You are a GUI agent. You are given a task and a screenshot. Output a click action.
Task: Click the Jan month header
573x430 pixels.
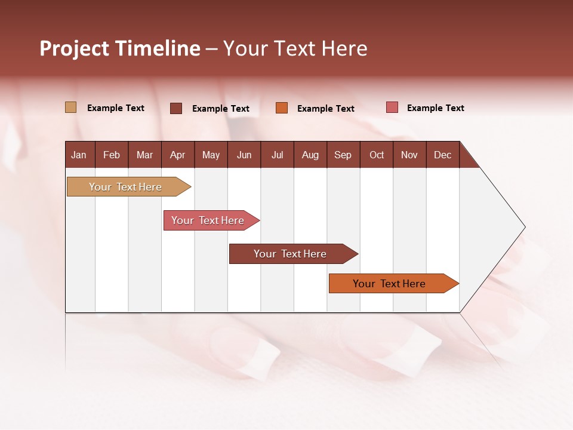click(79, 155)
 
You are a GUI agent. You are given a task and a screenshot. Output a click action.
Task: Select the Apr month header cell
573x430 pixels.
click(177, 155)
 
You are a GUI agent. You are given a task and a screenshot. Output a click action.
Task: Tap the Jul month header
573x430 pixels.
click(277, 155)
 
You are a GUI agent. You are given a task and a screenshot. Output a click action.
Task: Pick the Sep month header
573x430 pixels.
click(343, 155)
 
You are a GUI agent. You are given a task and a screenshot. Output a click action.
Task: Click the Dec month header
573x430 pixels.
click(442, 155)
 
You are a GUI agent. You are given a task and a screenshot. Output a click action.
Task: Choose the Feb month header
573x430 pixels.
click(112, 155)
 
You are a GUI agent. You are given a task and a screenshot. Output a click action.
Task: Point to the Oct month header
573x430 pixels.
click(377, 155)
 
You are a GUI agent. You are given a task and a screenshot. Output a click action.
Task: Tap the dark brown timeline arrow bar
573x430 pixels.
click(291, 254)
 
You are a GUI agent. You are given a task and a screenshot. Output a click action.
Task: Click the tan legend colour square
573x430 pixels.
click(71, 107)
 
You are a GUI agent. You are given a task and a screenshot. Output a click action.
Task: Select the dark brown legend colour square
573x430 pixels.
click(176, 108)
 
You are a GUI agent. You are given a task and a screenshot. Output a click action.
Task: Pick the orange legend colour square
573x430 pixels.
click(282, 108)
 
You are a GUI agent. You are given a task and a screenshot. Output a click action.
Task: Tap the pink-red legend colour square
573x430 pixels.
click(392, 107)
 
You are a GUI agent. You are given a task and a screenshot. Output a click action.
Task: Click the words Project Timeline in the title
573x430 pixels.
click(119, 48)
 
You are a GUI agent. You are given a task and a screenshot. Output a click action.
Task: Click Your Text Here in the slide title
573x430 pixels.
click(295, 48)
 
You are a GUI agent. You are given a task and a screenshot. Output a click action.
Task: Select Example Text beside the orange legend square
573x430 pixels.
click(325, 109)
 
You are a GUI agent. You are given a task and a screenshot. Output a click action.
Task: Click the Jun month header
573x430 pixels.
click(244, 155)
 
